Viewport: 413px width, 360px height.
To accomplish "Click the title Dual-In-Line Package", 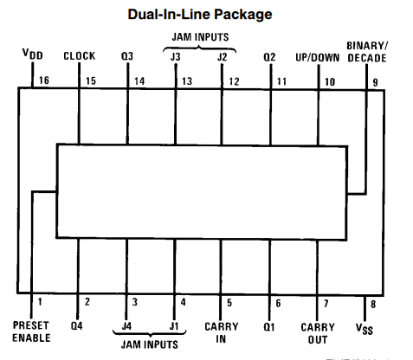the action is [200, 15].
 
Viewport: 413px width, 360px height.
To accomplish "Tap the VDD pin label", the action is [33, 54].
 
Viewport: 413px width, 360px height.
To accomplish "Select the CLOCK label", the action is [80, 56].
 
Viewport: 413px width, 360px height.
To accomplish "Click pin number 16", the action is [44, 80].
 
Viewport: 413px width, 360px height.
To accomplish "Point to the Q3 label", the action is [127, 56].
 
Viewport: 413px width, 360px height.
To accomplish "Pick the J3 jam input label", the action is [175, 57].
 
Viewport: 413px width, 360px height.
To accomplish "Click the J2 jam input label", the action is [223, 57].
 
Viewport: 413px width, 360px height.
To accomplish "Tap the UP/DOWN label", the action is [318, 58].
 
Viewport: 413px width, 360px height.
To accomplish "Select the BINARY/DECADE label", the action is [367, 52].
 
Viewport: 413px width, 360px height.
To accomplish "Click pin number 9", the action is [375, 82].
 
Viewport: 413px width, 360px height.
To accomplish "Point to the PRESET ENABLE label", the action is [31, 331].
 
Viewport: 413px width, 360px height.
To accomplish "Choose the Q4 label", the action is [77, 326].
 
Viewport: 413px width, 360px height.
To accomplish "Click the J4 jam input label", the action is [126, 326].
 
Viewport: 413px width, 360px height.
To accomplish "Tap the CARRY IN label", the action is [222, 332].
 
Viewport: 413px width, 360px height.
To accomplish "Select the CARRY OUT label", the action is [318, 333].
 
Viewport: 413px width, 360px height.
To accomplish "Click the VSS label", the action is [365, 329].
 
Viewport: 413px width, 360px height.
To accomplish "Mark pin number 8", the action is [373, 304].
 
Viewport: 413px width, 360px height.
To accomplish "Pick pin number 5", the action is [229, 303].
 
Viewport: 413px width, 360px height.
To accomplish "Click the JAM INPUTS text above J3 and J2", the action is [200, 37].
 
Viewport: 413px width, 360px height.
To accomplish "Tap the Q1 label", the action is [269, 327].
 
